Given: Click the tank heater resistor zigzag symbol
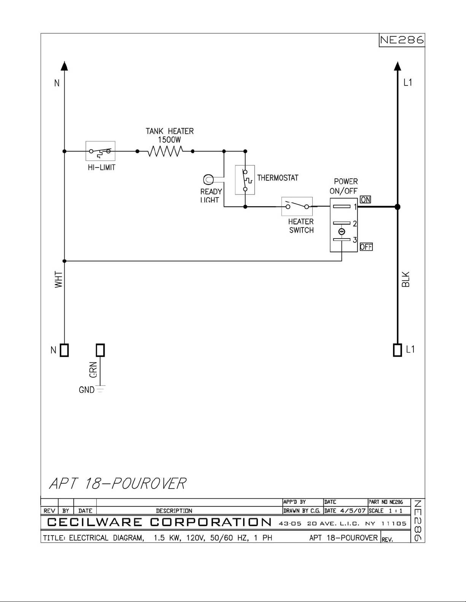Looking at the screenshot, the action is pos(165,151).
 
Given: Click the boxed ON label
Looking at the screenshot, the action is pos(366,199).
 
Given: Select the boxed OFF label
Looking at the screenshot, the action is pos(366,246).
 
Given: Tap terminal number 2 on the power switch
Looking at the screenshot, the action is pos(355,223).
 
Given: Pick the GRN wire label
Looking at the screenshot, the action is pos(93,370).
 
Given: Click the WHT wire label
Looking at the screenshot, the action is pos(59,279).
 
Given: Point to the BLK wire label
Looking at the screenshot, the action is pos(406,279).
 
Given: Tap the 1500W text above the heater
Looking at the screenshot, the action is pos(169,140).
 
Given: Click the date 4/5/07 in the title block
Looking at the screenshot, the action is pos(353,510).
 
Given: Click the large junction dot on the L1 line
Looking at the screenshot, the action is pos(398,207).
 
